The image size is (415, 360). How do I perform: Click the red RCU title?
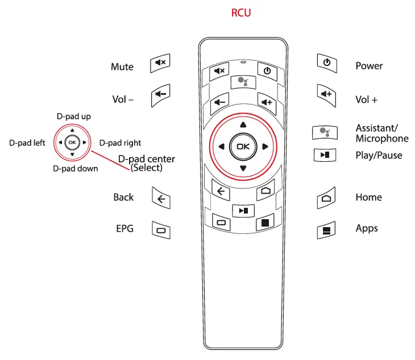click(x=240, y=13)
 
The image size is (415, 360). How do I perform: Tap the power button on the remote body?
click(x=267, y=71)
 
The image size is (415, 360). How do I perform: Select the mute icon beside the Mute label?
click(x=160, y=64)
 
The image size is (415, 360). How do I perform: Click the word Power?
click(x=369, y=66)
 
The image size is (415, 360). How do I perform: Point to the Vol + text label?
click(x=366, y=99)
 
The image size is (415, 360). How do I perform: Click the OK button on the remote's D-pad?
click(x=243, y=146)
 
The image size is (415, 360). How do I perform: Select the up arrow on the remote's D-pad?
click(x=243, y=124)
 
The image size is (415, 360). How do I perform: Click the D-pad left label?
click(x=27, y=143)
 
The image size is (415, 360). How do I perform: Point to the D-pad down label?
click(x=75, y=168)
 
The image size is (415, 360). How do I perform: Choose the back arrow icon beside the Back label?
click(x=161, y=198)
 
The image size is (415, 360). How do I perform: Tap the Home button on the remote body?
click(x=265, y=191)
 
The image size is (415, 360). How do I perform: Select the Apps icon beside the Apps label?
click(x=326, y=230)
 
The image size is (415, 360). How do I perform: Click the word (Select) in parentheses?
click(x=147, y=168)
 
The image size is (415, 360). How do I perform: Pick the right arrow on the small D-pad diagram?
click(x=84, y=143)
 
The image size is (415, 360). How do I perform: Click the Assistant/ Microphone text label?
click(x=381, y=133)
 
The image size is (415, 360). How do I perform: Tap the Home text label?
click(x=368, y=197)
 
